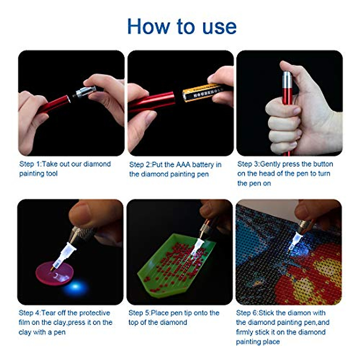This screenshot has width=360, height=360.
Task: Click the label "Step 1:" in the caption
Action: click(x=31, y=164)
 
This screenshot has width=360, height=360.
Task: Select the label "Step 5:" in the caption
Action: click(x=139, y=313)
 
